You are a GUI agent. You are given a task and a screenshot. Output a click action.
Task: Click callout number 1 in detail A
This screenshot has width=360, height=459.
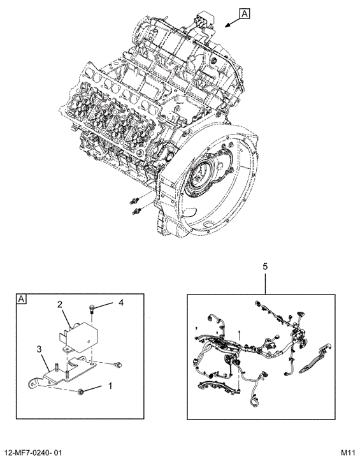click(x=110, y=386)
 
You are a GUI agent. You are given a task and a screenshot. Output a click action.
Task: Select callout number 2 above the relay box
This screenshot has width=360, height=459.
click(x=60, y=305)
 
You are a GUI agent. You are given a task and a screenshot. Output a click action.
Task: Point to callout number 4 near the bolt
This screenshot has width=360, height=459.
click(x=121, y=302)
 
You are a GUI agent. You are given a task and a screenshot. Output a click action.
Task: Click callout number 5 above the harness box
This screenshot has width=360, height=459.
click(x=265, y=266)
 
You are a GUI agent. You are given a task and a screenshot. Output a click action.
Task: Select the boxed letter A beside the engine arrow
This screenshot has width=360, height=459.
click(x=245, y=13)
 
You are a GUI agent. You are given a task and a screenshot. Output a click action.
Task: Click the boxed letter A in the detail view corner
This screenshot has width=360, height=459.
click(x=22, y=299)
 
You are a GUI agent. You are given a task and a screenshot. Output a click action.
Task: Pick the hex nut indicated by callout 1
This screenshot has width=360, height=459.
click(x=80, y=391)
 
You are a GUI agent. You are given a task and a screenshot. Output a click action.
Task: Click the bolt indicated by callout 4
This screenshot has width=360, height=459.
click(x=91, y=309)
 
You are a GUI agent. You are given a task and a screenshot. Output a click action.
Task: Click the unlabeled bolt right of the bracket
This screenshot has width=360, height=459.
click(x=118, y=365)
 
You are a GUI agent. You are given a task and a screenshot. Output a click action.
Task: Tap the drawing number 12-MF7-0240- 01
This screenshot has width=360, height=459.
click(x=32, y=453)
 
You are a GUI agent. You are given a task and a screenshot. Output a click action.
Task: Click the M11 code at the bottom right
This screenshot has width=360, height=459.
click(x=348, y=453)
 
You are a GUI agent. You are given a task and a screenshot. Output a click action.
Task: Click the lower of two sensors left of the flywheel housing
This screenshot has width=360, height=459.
click(x=137, y=211)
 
